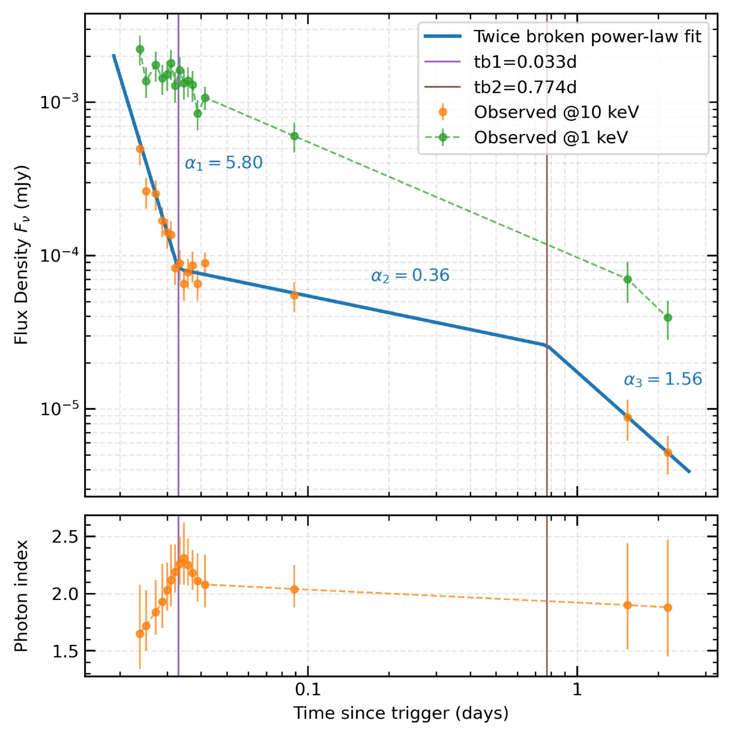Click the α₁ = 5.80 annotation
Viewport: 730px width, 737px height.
point(223,163)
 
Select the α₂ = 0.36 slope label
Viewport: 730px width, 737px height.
point(410,276)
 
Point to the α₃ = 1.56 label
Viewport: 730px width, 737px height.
point(663,380)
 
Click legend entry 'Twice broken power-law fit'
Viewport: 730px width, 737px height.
point(587,37)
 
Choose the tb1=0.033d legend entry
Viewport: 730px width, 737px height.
point(525,62)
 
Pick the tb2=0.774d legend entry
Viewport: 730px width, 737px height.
point(525,87)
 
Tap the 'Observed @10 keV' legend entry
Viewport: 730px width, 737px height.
point(556,112)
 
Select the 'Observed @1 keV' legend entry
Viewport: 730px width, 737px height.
point(550,138)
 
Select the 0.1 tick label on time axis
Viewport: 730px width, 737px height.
point(308,690)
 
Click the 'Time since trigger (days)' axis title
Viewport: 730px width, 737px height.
point(401,713)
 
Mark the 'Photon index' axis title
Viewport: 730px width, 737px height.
point(21,596)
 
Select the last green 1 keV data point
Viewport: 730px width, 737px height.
point(667,318)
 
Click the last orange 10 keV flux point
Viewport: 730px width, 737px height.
point(667,452)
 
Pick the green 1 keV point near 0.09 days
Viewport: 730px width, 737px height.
point(294,136)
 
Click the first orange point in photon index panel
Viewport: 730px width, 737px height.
point(140,634)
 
